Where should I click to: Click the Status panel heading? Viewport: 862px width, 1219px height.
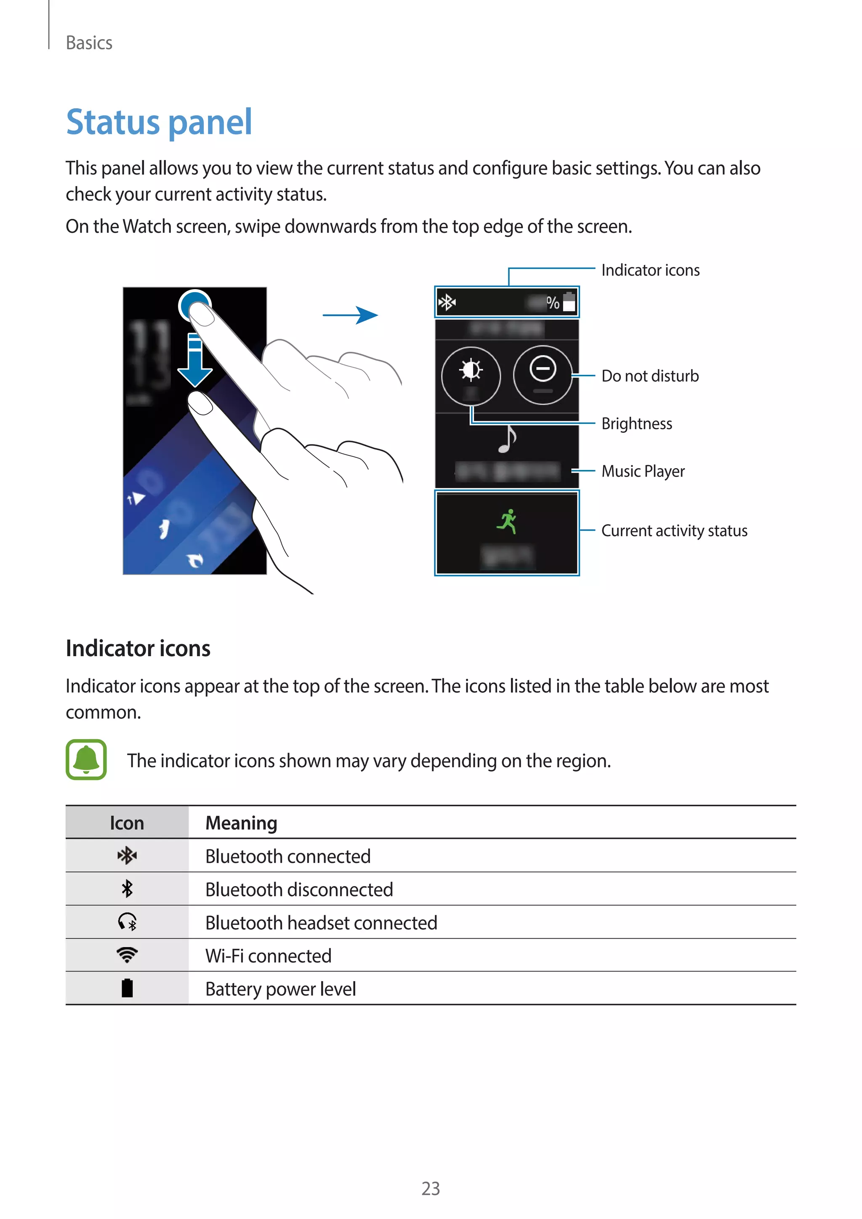click(x=159, y=122)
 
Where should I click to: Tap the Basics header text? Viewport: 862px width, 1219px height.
click(x=89, y=43)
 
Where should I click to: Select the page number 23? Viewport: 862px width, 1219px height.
click(x=431, y=1188)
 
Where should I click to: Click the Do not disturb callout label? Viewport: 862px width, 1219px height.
click(x=650, y=376)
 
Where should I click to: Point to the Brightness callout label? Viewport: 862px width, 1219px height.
click(x=636, y=424)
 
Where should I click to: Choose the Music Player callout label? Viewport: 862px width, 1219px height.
click(x=643, y=471)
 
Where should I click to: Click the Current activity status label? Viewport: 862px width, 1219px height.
click(x=674, y=530)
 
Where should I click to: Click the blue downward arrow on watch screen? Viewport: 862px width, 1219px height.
click(x=195, y=361)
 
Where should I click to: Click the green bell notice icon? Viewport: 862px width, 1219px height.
click(x=86, y=760)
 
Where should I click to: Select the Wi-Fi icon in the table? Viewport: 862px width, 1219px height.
click(x=127, y=955)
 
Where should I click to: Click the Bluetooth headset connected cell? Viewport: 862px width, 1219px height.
click(x=321, y=923)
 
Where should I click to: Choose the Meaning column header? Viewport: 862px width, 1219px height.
click(x=241, y=823)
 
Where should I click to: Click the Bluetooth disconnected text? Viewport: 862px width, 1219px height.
click(x=299, y=890)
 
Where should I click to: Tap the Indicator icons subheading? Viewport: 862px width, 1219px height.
click(x=138, y=648)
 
